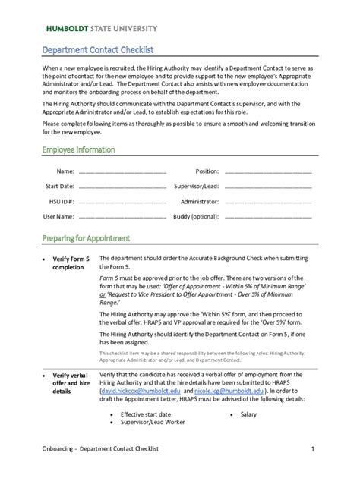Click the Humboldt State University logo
[x=102, y=28]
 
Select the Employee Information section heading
[x=78, y=149]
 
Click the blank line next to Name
[x=122, y=172]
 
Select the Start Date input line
[x=122, y=187]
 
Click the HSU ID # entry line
[x=122, y=202]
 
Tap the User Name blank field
[x=122, y=217]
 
